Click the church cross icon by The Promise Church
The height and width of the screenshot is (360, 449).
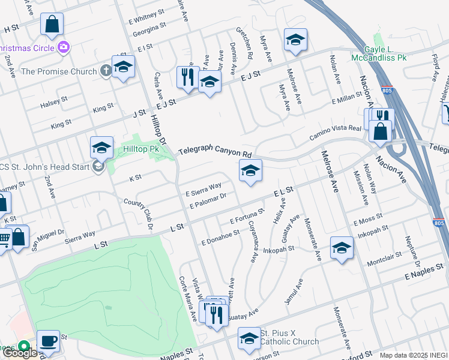pyautogui.click(x=105, y=71)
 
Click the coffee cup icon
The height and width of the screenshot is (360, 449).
pyautogui.click(x=49, y=340)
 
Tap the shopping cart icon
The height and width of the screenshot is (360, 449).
pyautogui.click(x=4, y=239)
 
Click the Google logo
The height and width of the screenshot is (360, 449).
pyautogui.click(x=20, y=353)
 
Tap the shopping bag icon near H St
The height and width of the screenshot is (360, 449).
pyautogui.click(x=52, y=24)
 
